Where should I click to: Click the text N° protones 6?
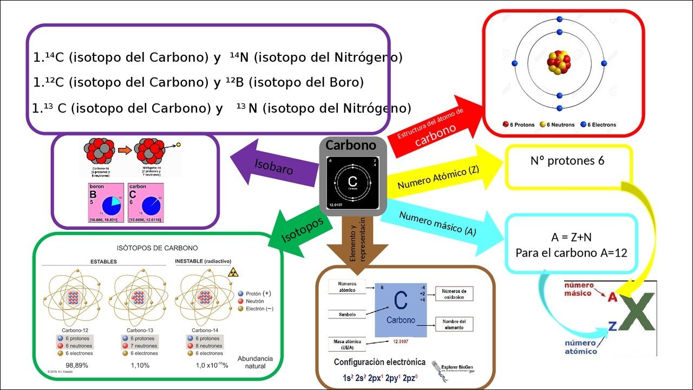[x=567, y=161]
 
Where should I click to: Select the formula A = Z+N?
[x=571, y=237]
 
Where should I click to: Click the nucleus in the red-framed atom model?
[x=559, y=63]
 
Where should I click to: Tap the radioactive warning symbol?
[x=234, y=271]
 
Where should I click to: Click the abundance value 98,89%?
[x=77, y=365]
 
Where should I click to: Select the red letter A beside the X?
[x=612, y=297]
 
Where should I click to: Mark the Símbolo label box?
[x=347, y=314]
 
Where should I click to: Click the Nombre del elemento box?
[x=454, y=324]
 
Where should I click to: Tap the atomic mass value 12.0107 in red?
[x=400, y=342]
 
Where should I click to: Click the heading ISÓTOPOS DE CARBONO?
[x=158, y=248]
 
